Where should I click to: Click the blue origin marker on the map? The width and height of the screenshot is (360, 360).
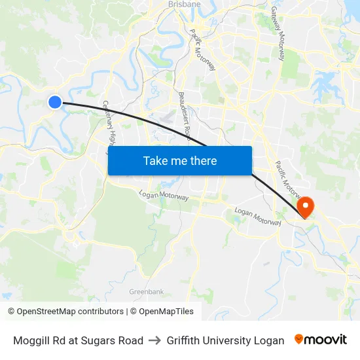[55, 101]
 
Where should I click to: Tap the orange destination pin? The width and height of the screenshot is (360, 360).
[305, 207]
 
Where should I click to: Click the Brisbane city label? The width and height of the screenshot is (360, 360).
[185, 3]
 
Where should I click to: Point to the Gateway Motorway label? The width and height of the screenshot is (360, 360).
[278, 34]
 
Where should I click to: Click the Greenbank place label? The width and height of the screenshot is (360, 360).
[146, 291]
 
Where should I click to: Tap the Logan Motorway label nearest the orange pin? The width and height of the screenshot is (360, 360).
[257, 217]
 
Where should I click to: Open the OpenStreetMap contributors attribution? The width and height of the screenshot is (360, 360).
[65, 312]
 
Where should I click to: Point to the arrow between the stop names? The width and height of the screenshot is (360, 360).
[155, 340]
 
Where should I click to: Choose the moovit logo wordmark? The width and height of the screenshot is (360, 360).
[326, 340]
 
